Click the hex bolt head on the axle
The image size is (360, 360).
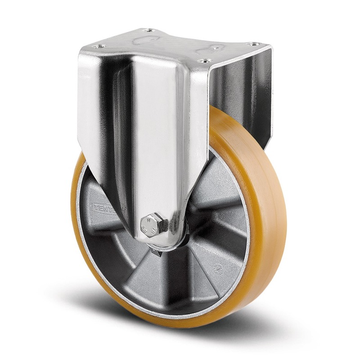(149, 224)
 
